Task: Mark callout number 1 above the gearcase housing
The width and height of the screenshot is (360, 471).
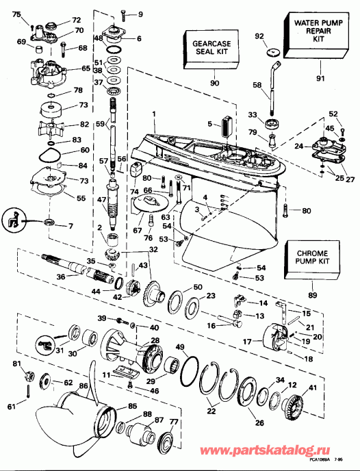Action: pyautogui.click(x=155, y=114)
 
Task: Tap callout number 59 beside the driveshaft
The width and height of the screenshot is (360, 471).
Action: pyautogui.click(x=101, y=125)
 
